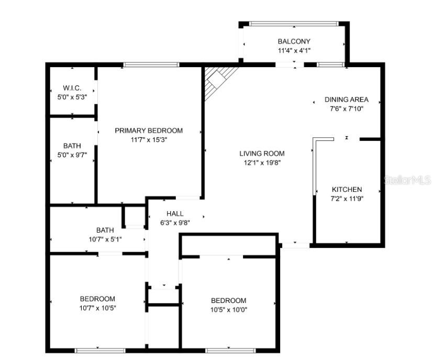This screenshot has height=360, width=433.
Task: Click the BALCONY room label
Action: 294,41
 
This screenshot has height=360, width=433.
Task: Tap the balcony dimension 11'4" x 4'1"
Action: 294,51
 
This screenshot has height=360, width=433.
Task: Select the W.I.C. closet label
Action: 72,88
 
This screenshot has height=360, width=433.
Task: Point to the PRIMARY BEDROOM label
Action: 149,130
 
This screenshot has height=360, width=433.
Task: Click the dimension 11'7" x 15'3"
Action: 149,140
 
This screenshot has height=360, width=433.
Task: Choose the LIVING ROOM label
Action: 262,154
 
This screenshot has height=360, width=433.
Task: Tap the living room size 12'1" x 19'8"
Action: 262,163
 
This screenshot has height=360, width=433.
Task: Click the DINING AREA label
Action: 346,99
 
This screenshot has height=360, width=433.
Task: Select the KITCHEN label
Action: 347,189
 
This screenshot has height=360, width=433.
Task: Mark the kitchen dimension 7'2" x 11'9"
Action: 347,199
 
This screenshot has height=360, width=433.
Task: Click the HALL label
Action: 175,213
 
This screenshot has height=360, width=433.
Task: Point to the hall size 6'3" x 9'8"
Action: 175,222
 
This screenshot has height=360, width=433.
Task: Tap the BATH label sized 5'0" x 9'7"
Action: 72,146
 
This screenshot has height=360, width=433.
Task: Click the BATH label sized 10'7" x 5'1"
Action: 105,230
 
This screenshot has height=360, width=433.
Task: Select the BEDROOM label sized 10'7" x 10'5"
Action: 97,299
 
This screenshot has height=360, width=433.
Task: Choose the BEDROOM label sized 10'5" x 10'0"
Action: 228,300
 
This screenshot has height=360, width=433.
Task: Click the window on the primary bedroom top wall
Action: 151,64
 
